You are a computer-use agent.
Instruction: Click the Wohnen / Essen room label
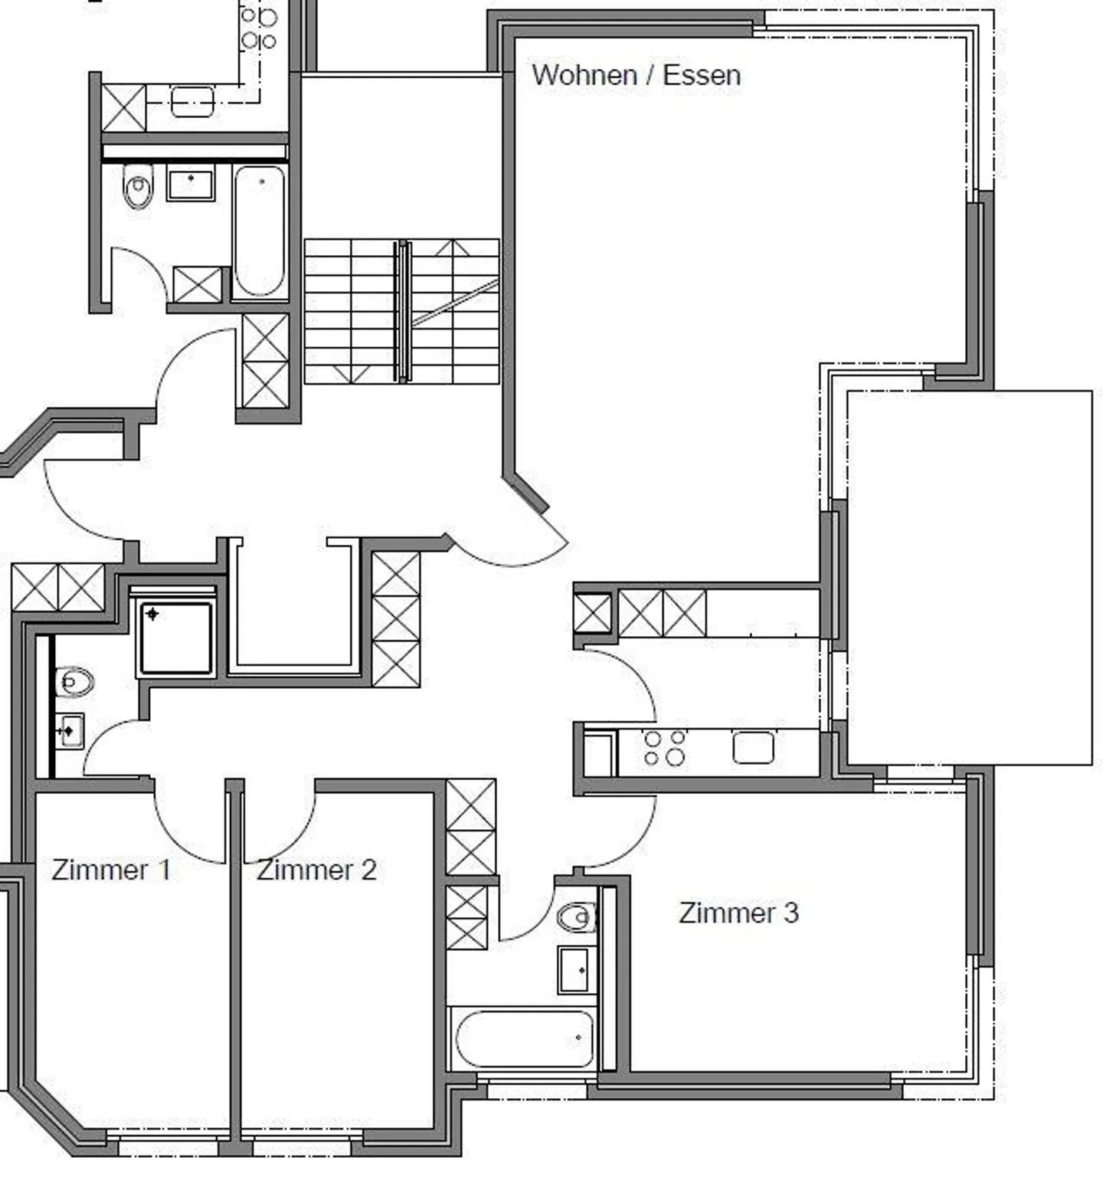[x=636, y=75]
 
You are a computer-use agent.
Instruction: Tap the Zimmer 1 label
[x=110, y=870]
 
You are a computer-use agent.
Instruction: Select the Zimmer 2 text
[x=316, y=870]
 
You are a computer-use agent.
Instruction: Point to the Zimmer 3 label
[x=738, y=913]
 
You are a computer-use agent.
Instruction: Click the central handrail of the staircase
[x=402, y=310]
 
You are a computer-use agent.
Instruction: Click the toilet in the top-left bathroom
[x=138, y=187]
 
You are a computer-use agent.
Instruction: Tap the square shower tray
[x=175, y=638]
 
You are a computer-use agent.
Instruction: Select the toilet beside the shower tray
[x=74, y=681]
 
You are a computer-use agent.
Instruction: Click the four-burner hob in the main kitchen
[x=664, y=748]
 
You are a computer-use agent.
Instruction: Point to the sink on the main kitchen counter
[x=753, y=748]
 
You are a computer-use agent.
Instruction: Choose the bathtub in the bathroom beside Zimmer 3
[x=524, y=1039]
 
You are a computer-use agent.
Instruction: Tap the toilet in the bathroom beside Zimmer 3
[x=577, y=916]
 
